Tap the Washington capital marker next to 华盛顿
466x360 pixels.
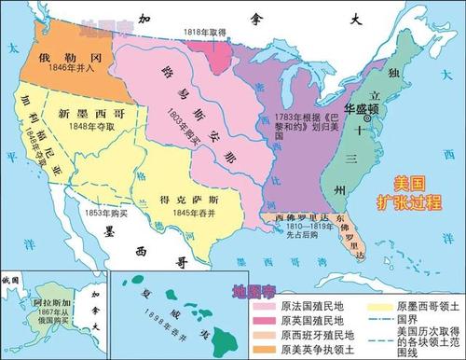tap(368, 118)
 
